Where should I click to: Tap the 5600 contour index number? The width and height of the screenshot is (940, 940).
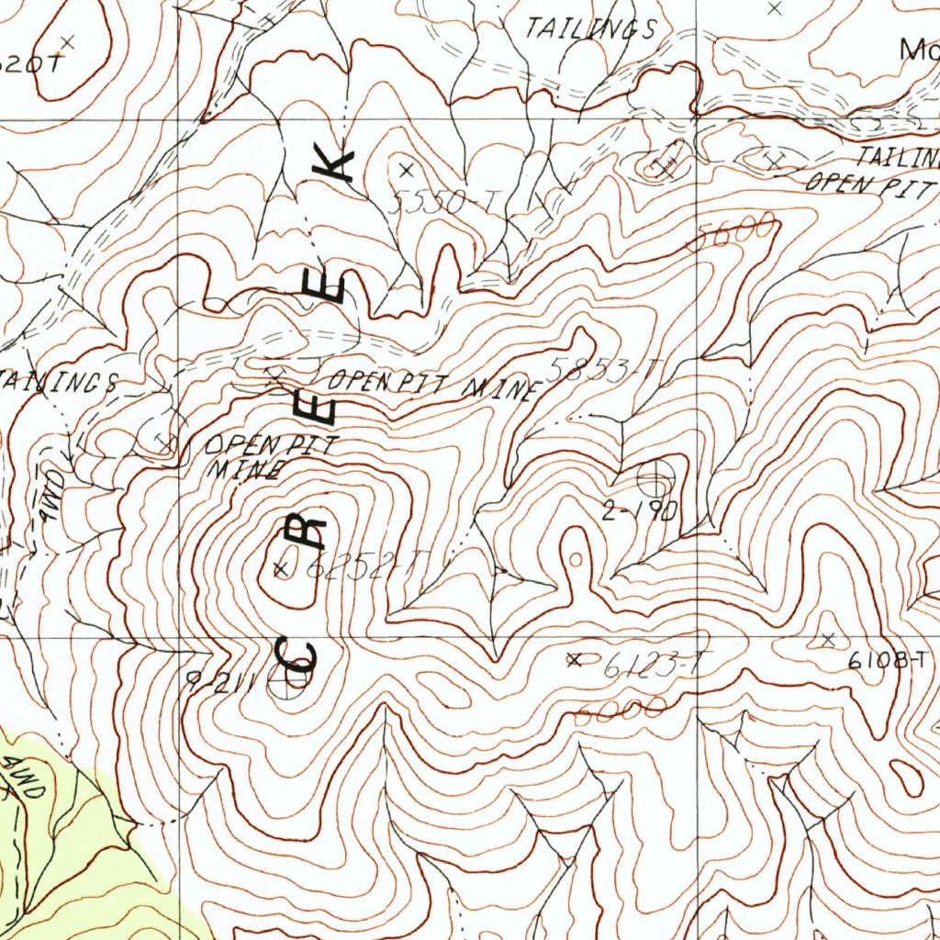coord(736,230)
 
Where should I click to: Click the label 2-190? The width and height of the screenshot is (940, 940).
coord(639,512)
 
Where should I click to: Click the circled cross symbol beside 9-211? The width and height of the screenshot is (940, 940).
coord(293,683)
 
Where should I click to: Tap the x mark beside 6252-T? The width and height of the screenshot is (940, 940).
coord(281,569)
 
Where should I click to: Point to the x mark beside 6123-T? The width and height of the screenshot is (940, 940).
coord(575,659)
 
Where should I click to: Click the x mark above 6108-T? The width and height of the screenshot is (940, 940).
coord(828,638)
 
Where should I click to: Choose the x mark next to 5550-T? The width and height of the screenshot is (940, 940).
coord(407,169)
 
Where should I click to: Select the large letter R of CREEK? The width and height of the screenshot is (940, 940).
coord(309,531)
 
